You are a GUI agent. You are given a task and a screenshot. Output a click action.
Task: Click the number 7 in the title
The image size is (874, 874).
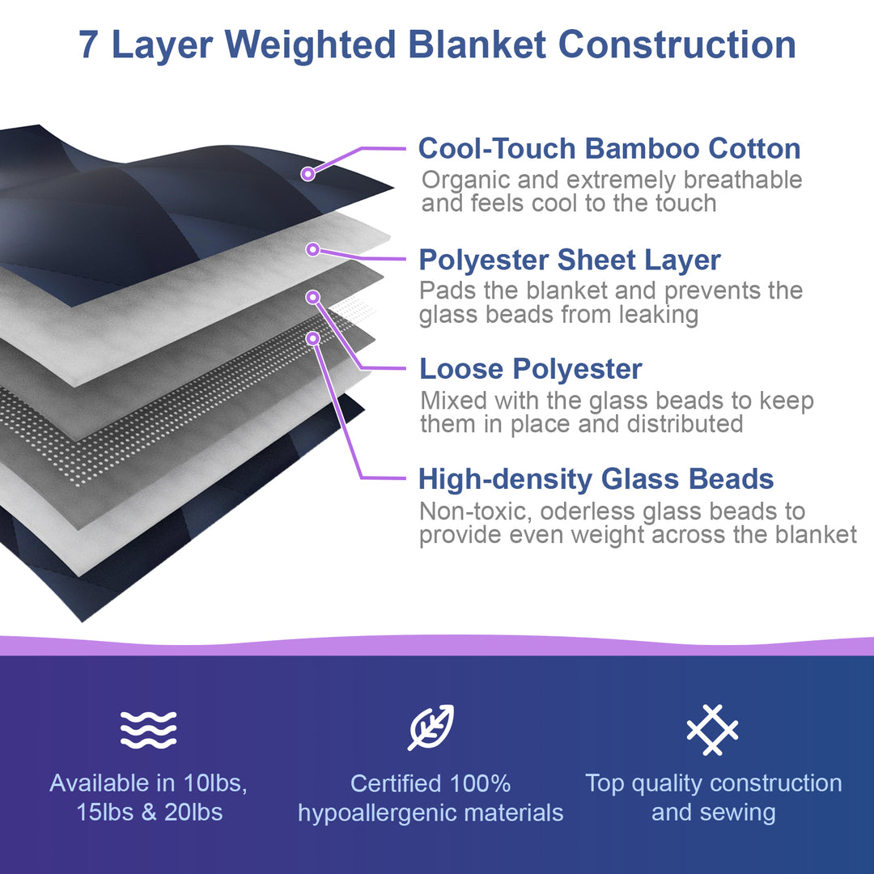click(89, 45)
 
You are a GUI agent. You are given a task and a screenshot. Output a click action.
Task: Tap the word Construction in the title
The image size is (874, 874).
click(677, 45)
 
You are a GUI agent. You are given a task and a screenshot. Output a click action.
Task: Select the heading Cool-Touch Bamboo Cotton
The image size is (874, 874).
click(609, 149)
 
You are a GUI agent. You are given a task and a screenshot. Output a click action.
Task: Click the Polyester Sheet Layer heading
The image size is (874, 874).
click(570, 260)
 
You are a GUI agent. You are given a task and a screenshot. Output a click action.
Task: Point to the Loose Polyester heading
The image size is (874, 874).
click(531, 369)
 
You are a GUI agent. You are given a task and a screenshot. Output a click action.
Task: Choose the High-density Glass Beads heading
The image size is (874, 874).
click(596, 479)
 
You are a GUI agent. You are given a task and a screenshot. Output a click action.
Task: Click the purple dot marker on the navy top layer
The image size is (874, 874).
click(308, 174)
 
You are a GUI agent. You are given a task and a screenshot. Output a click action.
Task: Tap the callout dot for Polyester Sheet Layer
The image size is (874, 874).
click(313, 249)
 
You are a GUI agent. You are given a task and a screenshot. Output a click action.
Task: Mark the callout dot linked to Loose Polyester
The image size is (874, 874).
click(313, 297)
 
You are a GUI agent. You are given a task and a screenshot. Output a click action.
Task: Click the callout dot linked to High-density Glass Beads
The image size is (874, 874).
click(313, 338)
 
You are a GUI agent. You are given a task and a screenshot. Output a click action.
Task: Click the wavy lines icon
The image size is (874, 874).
click(148, 730)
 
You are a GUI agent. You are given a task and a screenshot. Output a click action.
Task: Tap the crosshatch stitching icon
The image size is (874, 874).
click(712, 730)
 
